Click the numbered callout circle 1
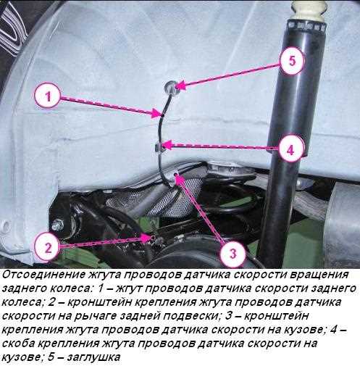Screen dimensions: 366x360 (x=46, y=96)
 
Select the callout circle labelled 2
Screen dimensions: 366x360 (x=46, y=246)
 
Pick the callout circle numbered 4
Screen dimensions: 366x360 (x=289, y=150)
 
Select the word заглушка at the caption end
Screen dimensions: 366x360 (x=90, y=357)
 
